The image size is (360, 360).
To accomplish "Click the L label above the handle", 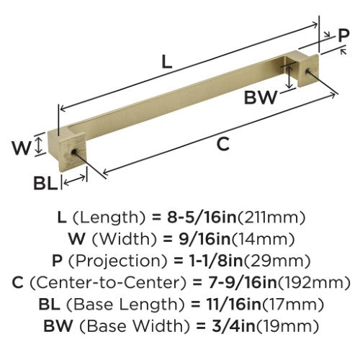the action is point(167,61).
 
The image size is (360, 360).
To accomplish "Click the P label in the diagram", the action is point(343,35).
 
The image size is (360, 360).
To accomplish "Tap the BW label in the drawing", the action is point(261,97).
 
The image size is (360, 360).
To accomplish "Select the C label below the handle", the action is point(223,144).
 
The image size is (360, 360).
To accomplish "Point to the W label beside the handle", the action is point(22,148).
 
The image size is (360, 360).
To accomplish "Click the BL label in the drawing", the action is point(45,183).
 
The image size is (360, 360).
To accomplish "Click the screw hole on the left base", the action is point(74,152).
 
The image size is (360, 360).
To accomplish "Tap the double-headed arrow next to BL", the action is point(75,180).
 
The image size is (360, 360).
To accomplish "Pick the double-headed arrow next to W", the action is point(39,144).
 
